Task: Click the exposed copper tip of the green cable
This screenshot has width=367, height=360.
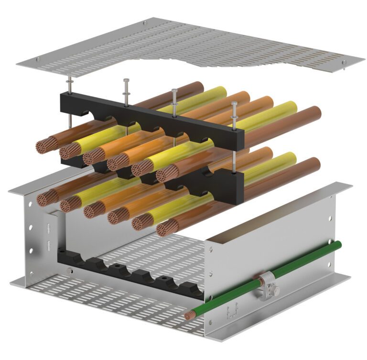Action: [x=191, y=315]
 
